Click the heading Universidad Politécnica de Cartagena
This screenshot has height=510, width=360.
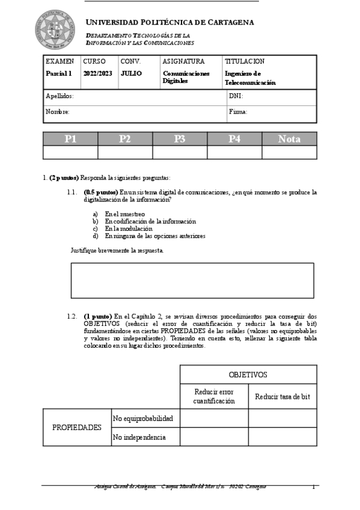(x=170, y=22)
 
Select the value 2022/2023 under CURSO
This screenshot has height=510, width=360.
(x=97, y=73)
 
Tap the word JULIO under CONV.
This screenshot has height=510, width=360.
(x=131, y=73)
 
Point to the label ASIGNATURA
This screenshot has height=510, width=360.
(x=183, y=61)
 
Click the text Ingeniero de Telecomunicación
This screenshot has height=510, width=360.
(x=250, y=78)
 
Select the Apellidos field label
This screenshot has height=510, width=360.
(x=59, y=96)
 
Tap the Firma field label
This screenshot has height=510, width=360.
(x=238, y=112)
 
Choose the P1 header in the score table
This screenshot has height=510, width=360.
(x=70, y=139)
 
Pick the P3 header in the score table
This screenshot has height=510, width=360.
(x=180, y=139)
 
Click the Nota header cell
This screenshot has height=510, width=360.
(x=289, y=139)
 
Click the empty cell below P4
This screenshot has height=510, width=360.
(x=234, y=152)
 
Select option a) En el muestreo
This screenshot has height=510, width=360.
(x=124, y=214)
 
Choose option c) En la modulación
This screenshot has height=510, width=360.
(x=128, y=229)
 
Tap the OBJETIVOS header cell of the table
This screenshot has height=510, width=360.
(x=248, y=375)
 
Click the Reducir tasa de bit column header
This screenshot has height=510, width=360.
(x=282, y=397)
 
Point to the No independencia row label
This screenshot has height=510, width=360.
(x=139, y=437)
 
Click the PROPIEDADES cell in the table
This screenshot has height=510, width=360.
(x=77, y=428)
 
